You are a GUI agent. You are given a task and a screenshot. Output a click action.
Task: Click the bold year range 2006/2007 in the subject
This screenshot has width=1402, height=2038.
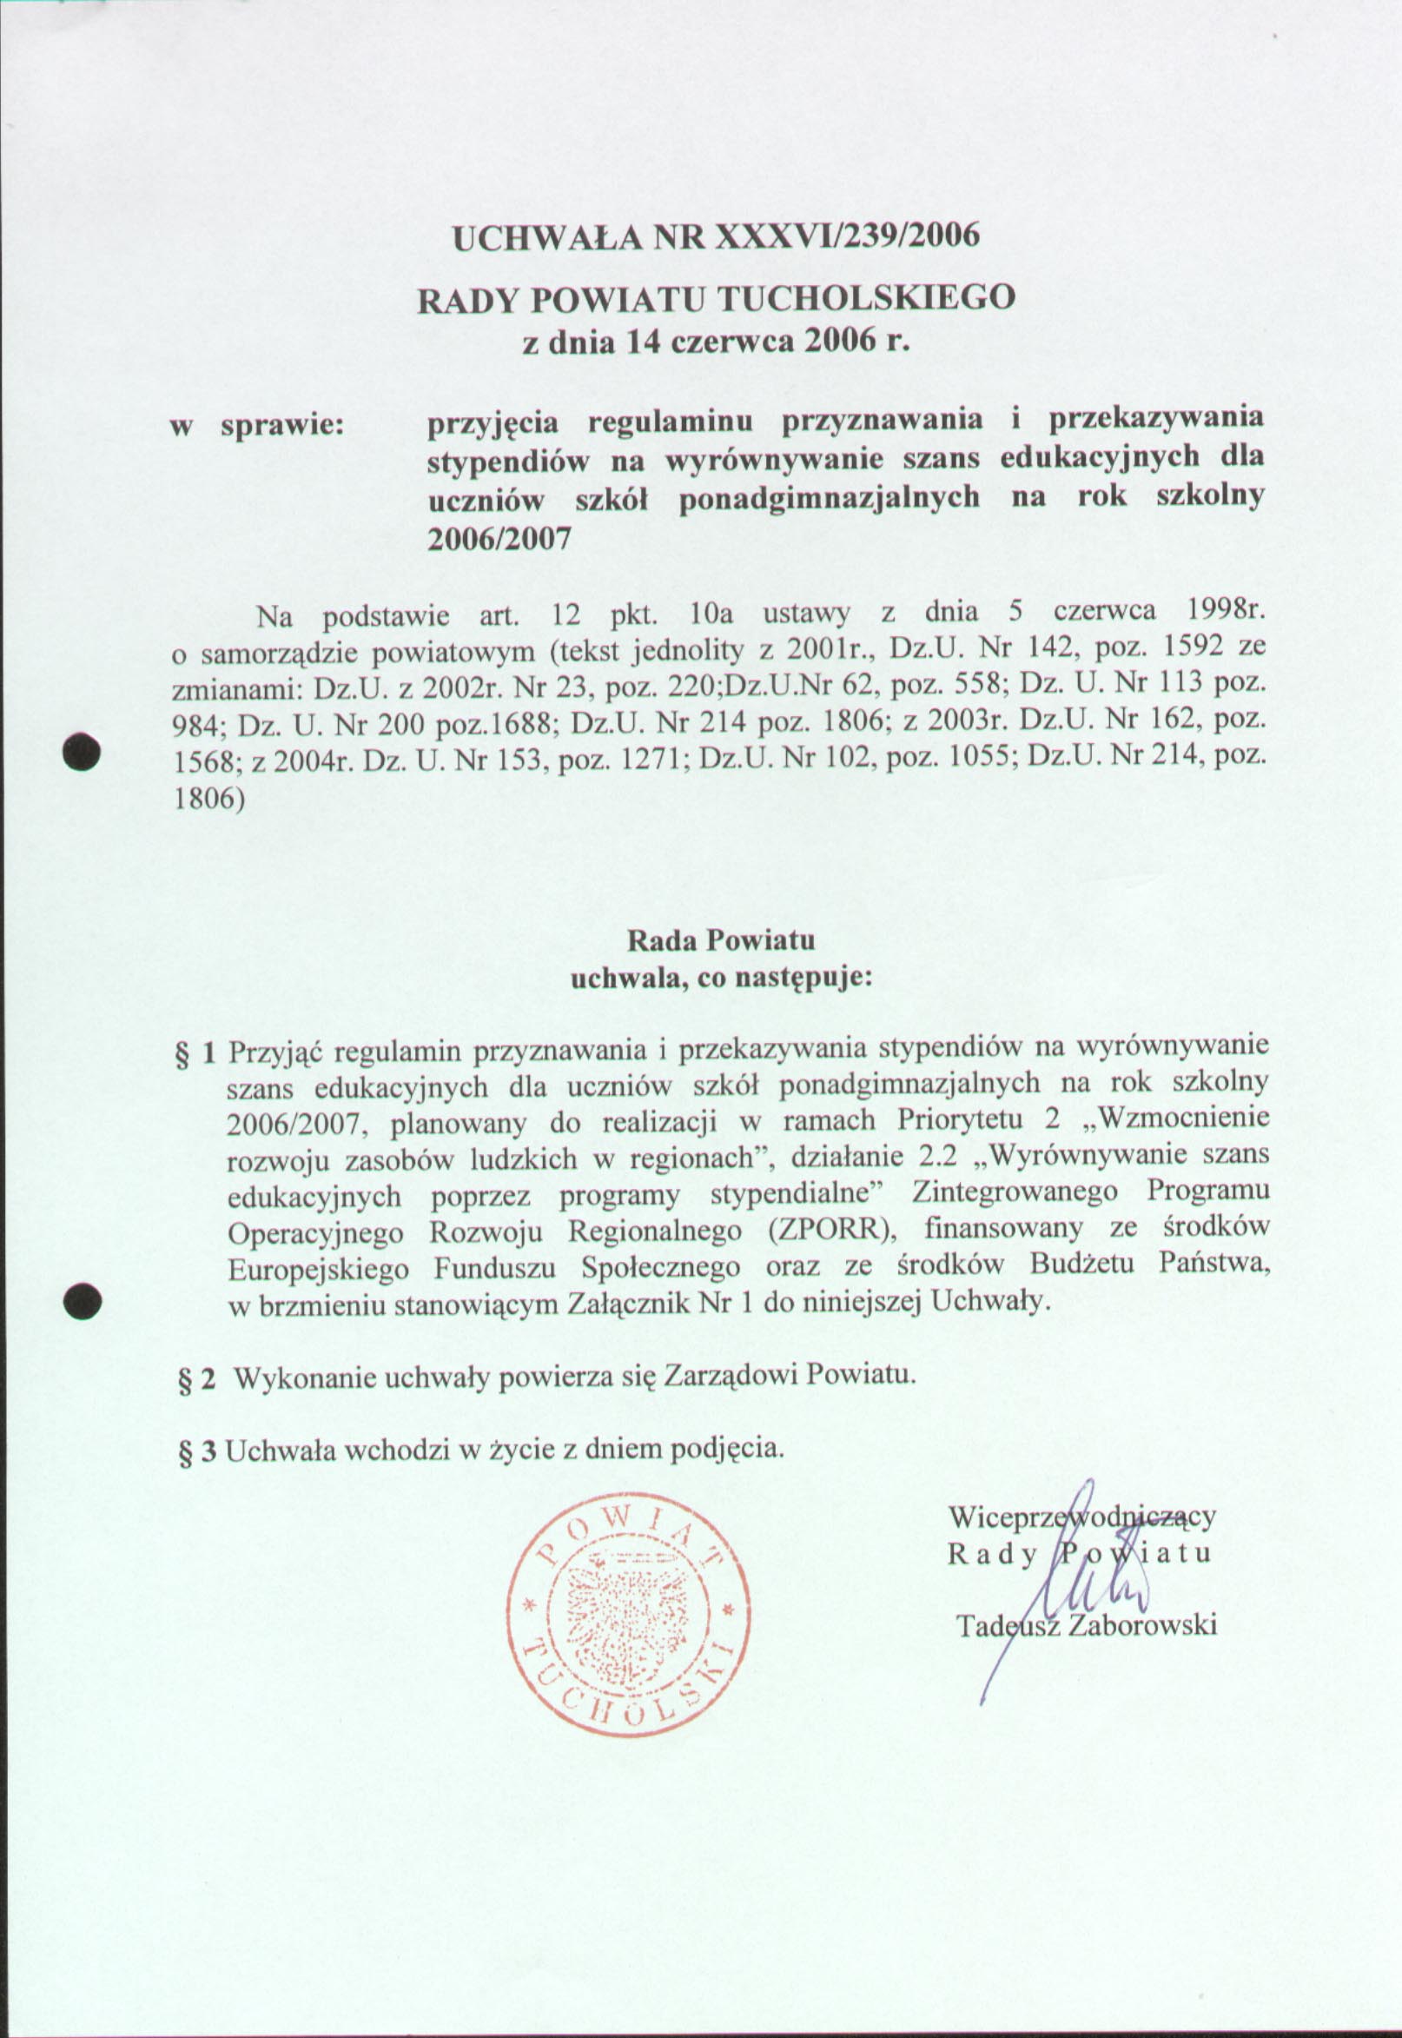[x=498, y=538]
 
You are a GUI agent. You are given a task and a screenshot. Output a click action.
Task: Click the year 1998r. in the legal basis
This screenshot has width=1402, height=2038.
[x=1226, y=609]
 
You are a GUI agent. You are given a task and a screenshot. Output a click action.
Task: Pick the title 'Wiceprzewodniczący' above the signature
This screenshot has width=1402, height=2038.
[x=1081, y=1517]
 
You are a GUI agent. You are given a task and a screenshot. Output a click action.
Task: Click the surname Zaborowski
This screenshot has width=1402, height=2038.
[x=1141, y=1625]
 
